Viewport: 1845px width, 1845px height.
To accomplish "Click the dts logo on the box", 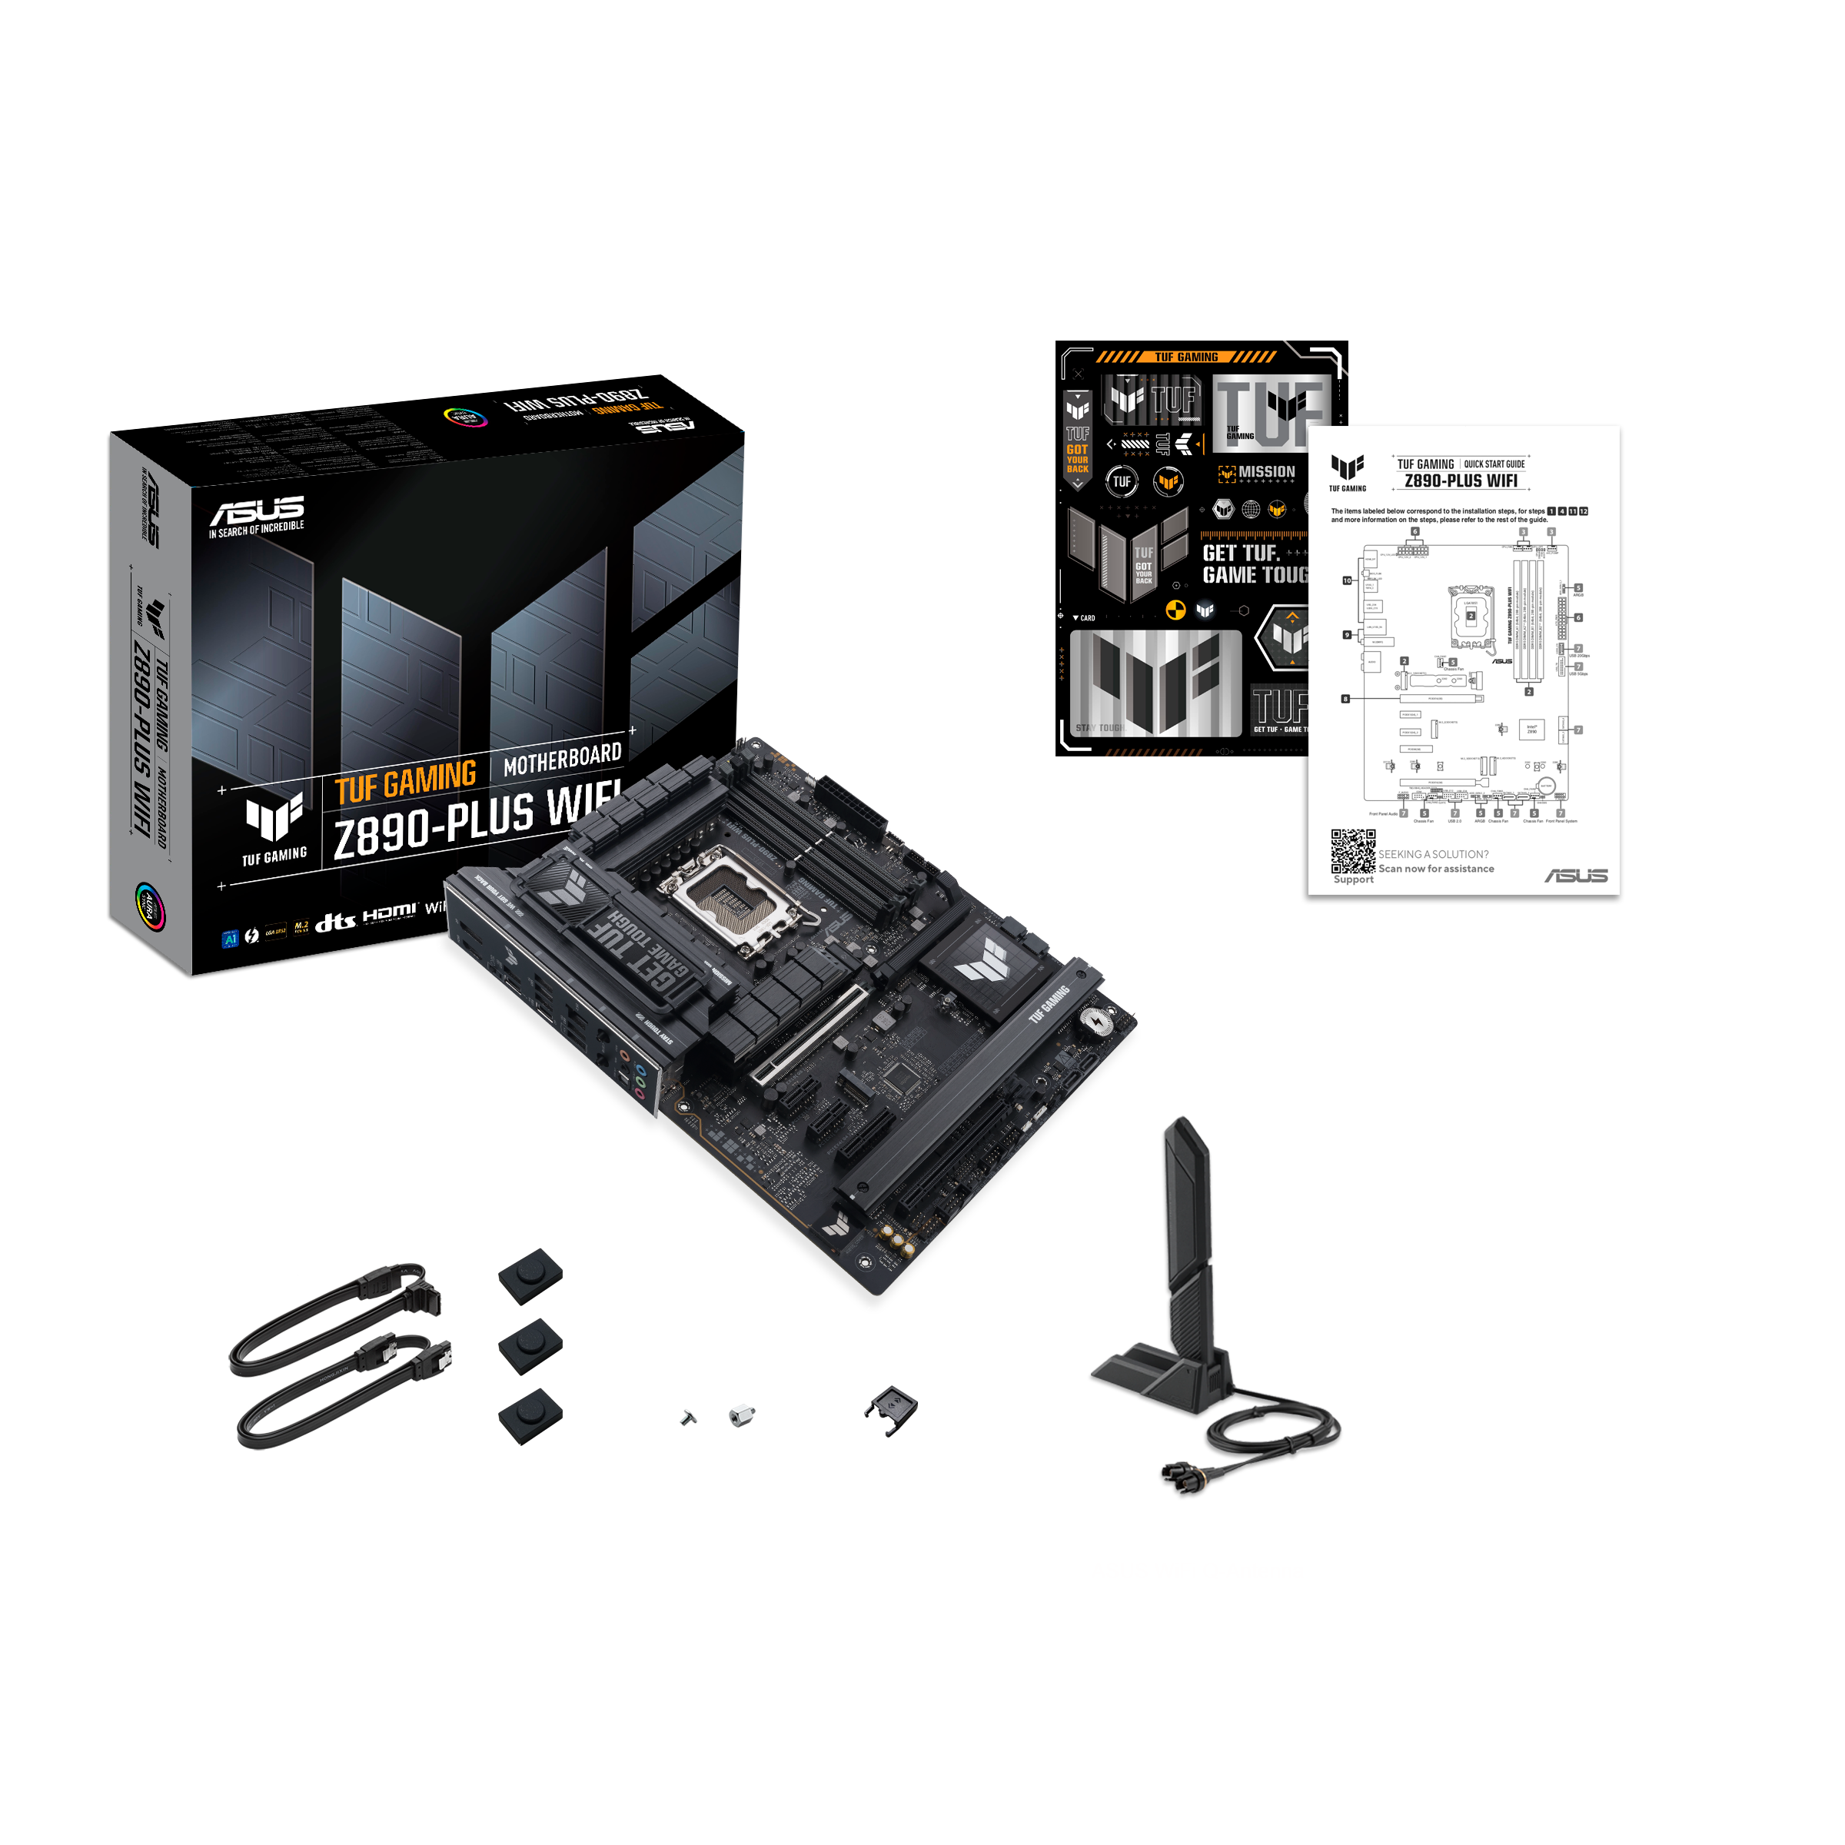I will pos(335,922).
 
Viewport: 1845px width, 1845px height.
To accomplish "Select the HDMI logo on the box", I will pos(389,913).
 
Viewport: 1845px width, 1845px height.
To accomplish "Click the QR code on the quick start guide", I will pos(1353,851).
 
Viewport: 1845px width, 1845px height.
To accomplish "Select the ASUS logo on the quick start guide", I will pos(1576,875).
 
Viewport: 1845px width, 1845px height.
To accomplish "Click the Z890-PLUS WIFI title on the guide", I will pos(1460,481).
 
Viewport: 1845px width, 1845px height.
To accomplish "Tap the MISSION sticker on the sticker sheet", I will pos(1258,473).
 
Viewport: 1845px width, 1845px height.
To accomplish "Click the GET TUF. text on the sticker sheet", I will pos(1239,553).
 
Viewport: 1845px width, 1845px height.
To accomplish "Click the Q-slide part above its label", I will pos(890,1411).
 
